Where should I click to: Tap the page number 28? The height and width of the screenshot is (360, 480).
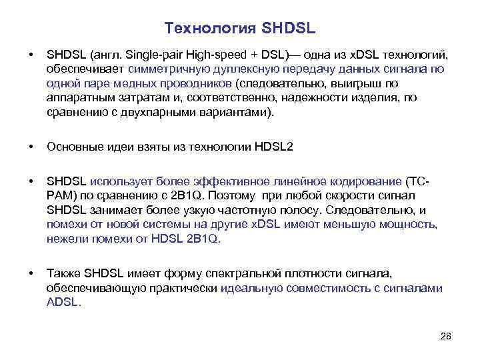click(446, 335)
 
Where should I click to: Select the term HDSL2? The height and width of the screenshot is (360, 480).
click(274, 147)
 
